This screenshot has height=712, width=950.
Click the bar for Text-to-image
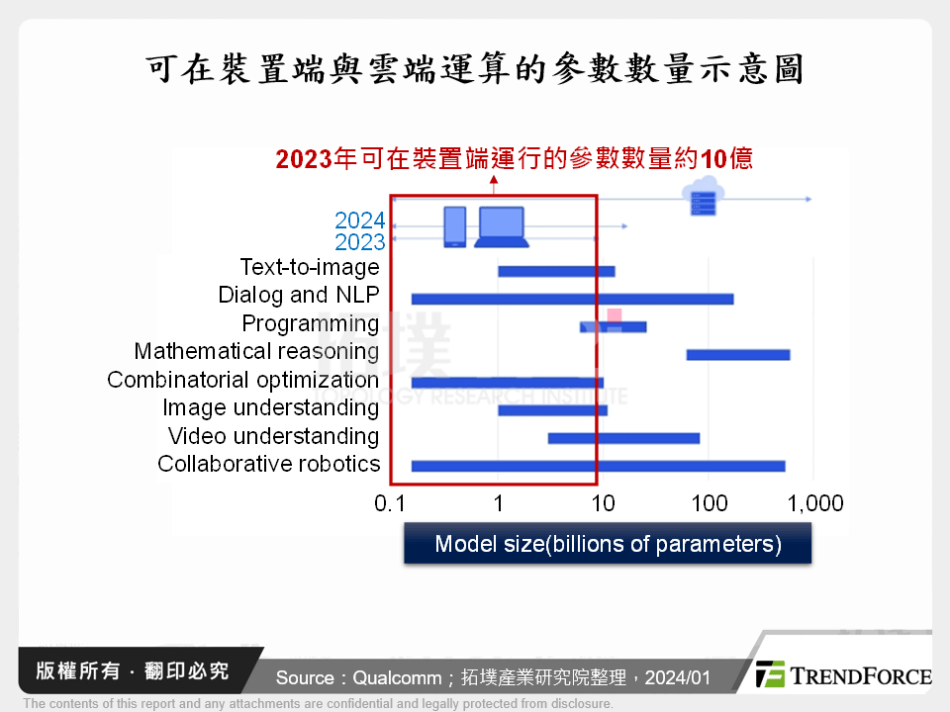pos(556,271)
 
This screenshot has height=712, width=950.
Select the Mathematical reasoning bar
pos(737,355)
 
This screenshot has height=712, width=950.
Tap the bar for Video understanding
pos(623,438)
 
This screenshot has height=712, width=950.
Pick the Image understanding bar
pos(552,409)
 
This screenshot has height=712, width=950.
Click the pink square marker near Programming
pos(615,315)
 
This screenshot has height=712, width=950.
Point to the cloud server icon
pos(704,196)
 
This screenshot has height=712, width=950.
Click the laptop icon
pos(501,226)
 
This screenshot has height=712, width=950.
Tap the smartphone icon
pos(454,226)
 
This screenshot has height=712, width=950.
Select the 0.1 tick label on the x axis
pos(391,503)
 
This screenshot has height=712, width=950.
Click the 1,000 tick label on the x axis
pos(814,503)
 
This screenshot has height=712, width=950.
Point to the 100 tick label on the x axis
pos(709,503)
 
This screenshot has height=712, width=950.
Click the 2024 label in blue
pos(359,221)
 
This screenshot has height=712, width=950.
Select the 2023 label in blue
pos(359,242)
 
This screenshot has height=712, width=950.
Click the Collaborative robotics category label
pos(268,464)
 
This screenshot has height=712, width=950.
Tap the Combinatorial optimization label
pos(242,380)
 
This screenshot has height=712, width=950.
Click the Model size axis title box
pos(608,544)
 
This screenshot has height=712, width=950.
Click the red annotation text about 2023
pos(514,159)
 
